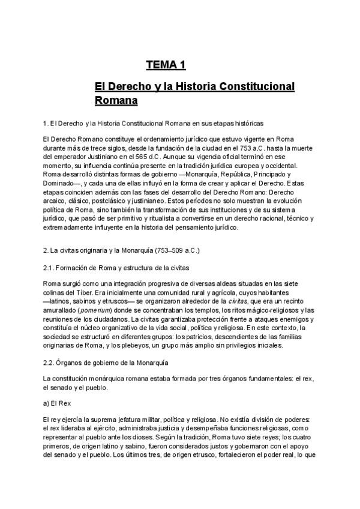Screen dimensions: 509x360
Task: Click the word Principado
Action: click(235, 174)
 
